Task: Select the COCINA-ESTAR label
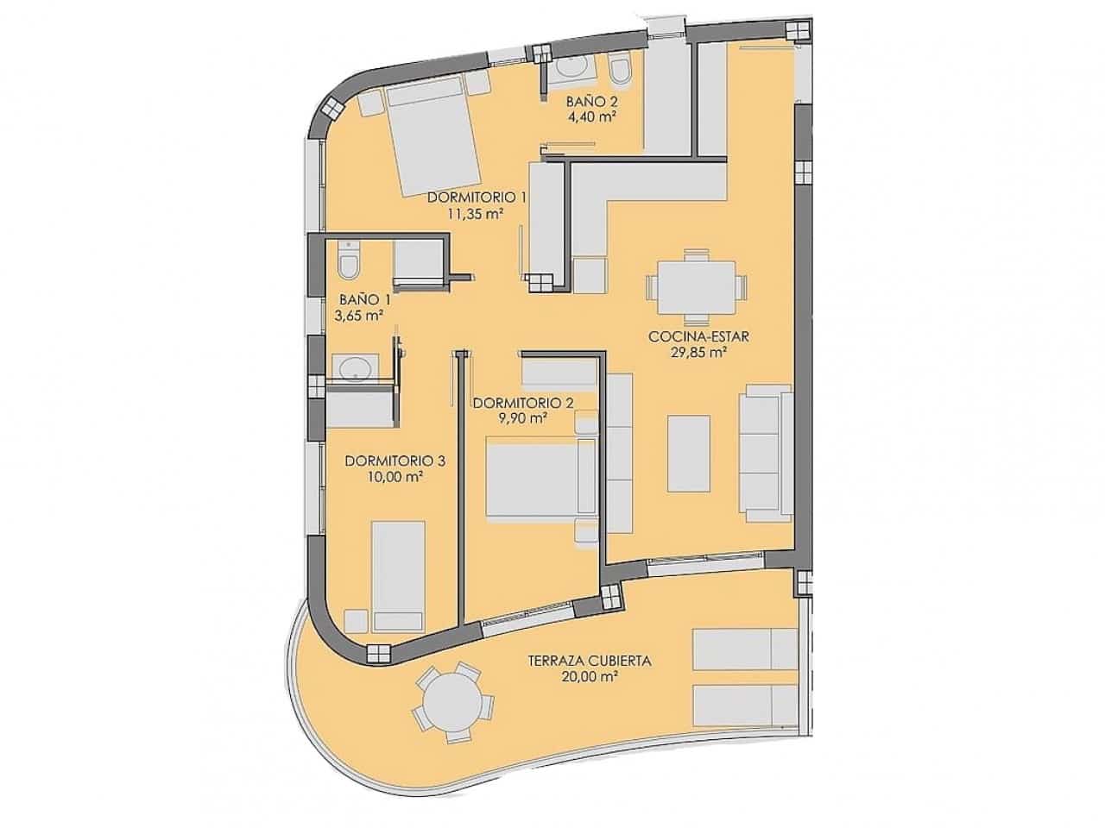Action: click(x=699, y=336)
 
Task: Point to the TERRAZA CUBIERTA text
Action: click(x=590, y=662)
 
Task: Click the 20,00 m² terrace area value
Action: click(x=590, y=678)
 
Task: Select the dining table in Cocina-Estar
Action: click(x=698, y=285)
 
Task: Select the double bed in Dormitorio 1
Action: click(x=432, y=140)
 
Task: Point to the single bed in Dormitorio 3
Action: click(x=397, y=574)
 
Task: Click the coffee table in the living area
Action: click(x=689, y=453)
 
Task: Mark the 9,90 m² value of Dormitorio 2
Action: click(x=523, y=418)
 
